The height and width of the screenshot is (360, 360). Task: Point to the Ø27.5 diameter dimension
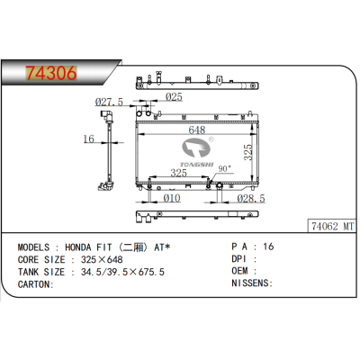click(x=111, y=102)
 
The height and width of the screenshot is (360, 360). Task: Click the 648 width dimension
click(x=196, y=130)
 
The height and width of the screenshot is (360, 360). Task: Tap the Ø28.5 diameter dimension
click(x=251, y=198)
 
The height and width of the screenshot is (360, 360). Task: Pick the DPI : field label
click(x=245, y=258)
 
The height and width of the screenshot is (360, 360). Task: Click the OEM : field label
click(x=245, y=271)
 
